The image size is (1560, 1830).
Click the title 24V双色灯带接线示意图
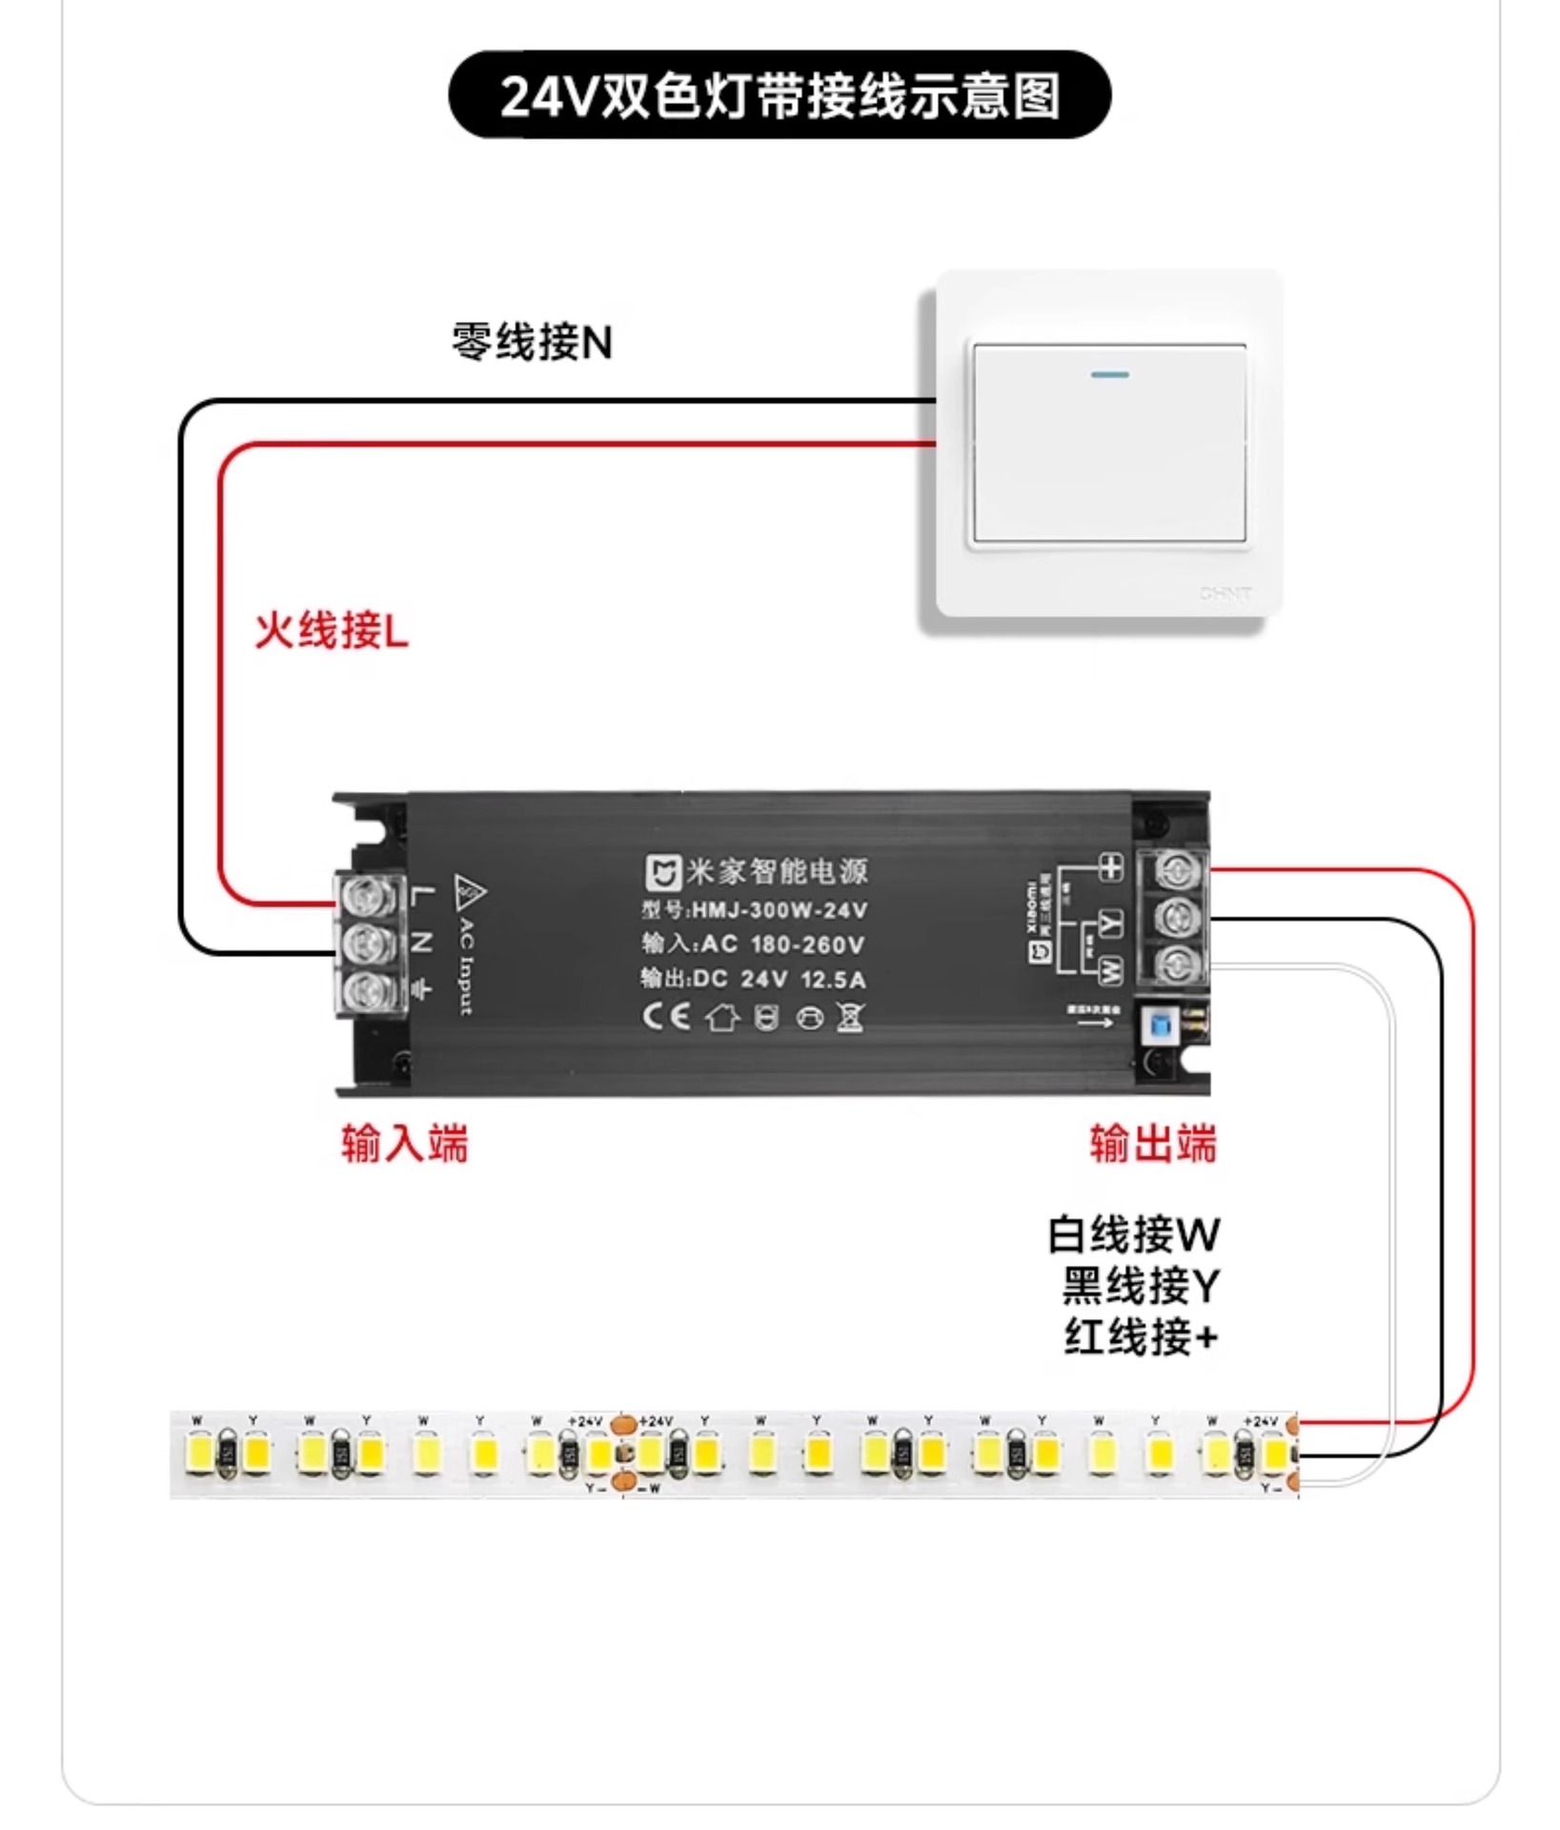780,95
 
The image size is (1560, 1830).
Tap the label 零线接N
532,342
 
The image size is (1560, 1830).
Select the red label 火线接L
331,630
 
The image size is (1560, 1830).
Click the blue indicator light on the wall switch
1109,375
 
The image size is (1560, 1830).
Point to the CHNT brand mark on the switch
1226,593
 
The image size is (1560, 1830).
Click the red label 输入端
405,1143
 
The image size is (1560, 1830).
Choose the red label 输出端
1153,1143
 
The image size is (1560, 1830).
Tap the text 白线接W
1133,1234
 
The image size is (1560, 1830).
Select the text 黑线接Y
1141,1285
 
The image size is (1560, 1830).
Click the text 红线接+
1141,1336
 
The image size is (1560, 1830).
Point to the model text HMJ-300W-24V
779,910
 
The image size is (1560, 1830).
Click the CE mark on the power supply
665,1016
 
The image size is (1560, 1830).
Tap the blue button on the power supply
1161,1027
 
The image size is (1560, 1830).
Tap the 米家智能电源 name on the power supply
777,871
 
